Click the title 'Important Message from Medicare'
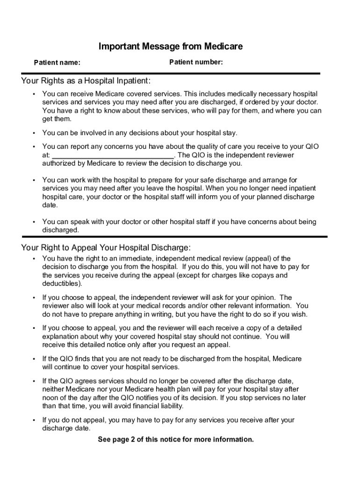(170, 47)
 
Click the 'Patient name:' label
(57, 63)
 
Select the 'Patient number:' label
(196, 62)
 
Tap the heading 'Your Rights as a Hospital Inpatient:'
(86, 81)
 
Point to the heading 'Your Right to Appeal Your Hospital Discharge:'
(106, 247)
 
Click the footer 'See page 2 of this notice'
(176, 439)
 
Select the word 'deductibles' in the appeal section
(61, 284)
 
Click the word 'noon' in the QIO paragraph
(51, 398)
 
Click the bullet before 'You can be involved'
(34, 133)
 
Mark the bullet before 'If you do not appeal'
(34, 421)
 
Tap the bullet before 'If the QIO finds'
(34, 359)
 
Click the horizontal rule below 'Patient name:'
(170, 73)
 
